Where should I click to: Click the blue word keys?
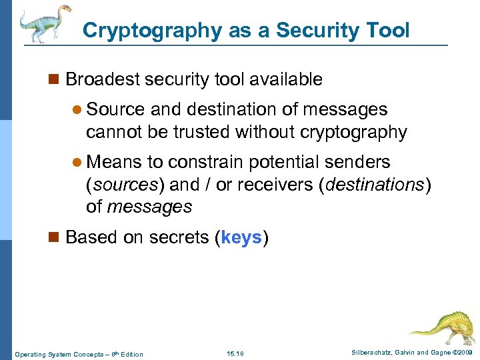point(241,237)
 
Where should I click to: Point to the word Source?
point(116,109)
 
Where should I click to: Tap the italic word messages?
point(149,207)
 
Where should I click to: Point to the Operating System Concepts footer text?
point(79,353)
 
